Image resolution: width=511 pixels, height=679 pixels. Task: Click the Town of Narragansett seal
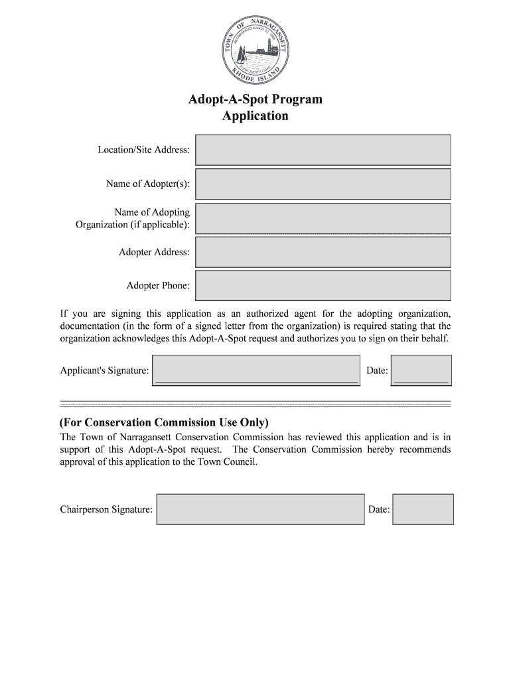[256, 47]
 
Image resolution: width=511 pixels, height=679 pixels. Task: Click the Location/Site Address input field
[323, 150]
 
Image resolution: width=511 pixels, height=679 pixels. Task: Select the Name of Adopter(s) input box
[323, 184]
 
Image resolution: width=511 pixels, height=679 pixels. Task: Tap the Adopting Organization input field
[323, 218]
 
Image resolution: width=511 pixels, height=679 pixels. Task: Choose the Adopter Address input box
[323, 252]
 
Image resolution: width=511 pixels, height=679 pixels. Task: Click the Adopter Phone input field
[323, 285]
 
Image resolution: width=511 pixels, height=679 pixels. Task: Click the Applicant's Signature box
[256, 370]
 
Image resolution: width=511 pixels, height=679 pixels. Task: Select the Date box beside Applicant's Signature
[421, 370]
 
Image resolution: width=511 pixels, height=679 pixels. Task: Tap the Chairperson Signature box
[260, 509]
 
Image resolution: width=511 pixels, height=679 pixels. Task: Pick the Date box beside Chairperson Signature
[423, 509]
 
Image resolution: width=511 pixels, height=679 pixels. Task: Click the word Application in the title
[256, 116]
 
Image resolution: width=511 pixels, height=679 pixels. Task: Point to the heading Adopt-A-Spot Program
[256, 99]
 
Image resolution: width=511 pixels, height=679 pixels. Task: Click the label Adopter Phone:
[158, 286]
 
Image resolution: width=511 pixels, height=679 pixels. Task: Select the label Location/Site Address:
[144, 150]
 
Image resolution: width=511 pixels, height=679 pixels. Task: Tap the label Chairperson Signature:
[106, 510]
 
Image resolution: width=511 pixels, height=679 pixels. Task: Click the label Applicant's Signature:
[104, 371]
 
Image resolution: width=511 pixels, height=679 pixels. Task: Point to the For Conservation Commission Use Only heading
[165, 422]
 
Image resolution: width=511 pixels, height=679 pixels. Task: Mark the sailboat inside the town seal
[242, 52]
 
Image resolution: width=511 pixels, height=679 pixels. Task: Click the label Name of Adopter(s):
[148, 184]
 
